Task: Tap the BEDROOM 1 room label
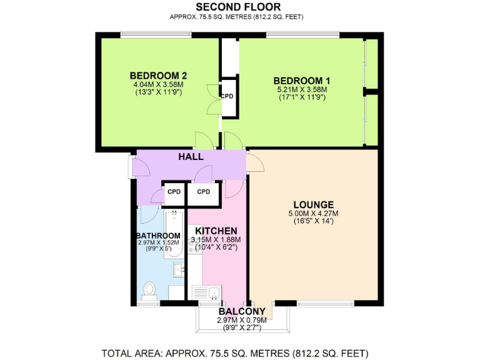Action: (x=302, y=81)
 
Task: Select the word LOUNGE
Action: (x=313, y=204)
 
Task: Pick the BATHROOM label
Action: (x=159, y=236)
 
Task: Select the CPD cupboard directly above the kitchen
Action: (x=203, y=192)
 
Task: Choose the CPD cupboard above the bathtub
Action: (x=174, y=192)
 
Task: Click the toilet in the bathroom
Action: (x=149, y=290)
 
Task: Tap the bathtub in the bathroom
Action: (x=173, y=234)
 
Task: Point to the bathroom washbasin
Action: (x=178, y=269)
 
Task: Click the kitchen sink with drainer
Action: (x=206, y=292)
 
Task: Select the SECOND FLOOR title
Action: (x=241, y=7)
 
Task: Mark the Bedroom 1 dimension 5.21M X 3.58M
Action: (x=302, y=89)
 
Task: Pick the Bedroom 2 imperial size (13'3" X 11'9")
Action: (x=158, y=92)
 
